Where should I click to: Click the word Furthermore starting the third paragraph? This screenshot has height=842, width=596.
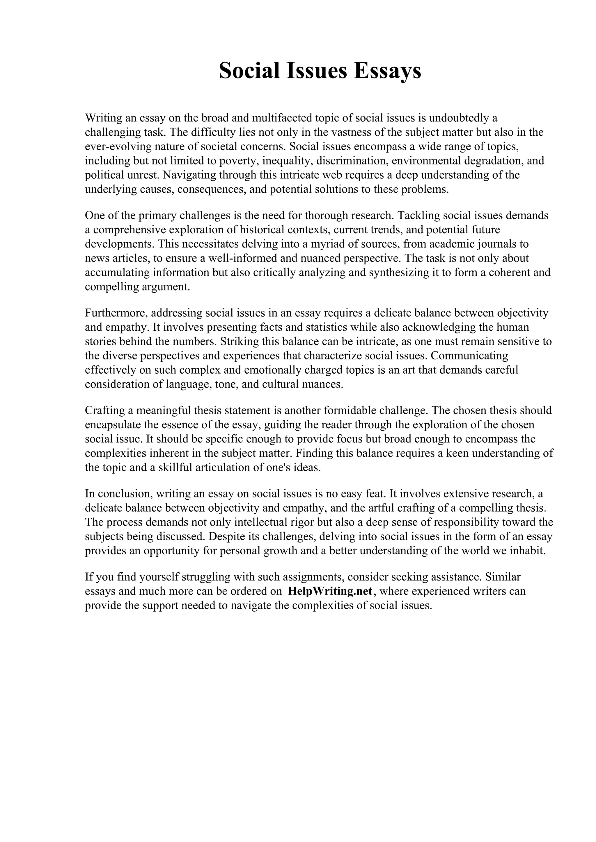(116, 313)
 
